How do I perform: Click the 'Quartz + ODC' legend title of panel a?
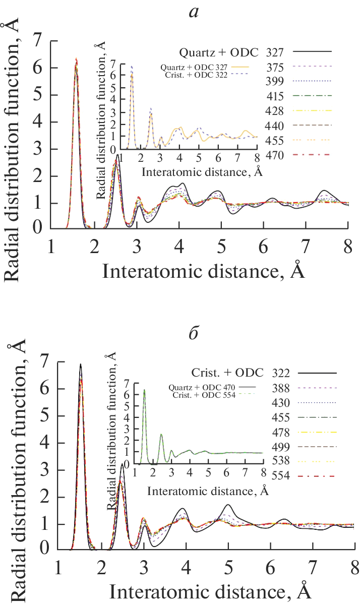pos(219,52)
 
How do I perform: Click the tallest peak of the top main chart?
pos(76,59)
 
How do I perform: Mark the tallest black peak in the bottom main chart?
pos(80,364)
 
